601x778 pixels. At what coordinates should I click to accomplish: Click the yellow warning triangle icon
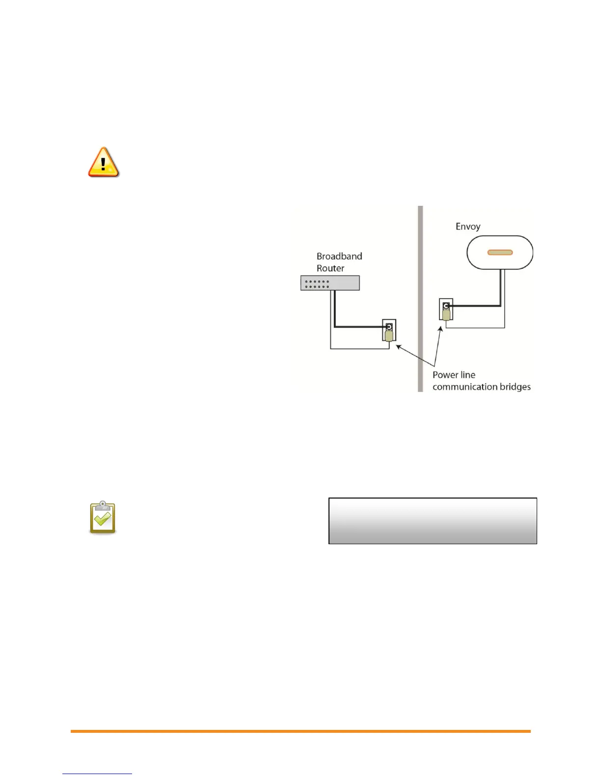click(103, 163)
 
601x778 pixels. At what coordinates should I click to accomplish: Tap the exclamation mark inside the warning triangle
click(103, 164)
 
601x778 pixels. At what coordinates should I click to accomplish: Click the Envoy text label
click(467, 226)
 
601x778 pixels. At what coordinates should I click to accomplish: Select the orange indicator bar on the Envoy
click(500, 252)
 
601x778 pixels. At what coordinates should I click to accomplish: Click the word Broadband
click(339, 256)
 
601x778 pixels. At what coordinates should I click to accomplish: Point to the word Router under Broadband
click(330, 268)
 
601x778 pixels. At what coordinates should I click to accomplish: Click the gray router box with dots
click(330, 283)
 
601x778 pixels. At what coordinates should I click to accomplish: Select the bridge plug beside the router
click(389, 335)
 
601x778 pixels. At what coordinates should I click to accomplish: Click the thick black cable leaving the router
click(335, 309)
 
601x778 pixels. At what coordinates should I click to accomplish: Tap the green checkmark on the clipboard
click(104, 519)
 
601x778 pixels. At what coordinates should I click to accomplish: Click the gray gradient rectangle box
click(433, 521)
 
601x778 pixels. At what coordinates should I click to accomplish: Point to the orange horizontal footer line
click(300, 731)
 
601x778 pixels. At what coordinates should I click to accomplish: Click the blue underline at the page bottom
click(97, 774)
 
